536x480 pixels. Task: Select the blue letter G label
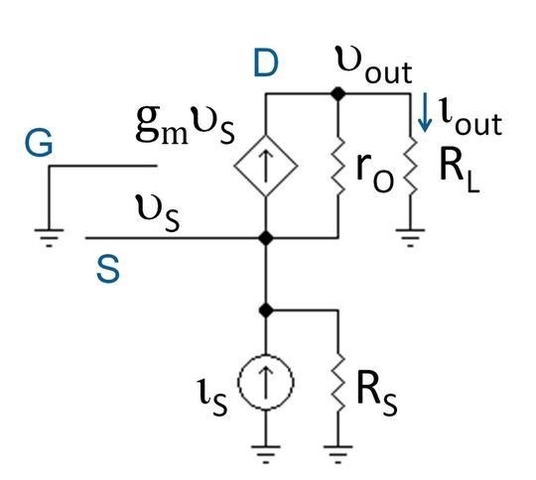point(40,146)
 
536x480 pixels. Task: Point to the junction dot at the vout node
point(339,93)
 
